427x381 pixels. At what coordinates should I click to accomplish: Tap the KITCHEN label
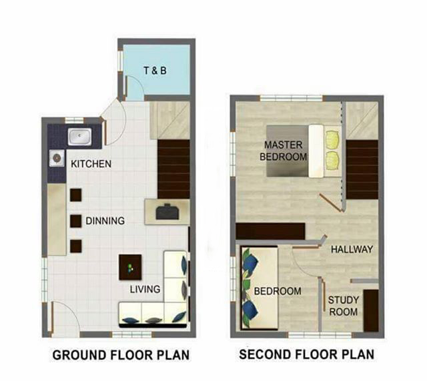(x=91, y=164)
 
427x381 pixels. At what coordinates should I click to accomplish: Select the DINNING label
(x=105, y=221)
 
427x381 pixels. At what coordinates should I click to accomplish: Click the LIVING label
(x=145, y=289)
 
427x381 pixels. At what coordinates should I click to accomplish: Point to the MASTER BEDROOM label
(x=285, y=151)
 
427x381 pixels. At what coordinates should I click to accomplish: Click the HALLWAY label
(x=352, y=249)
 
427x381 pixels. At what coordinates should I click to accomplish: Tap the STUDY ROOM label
(x=342, y=306)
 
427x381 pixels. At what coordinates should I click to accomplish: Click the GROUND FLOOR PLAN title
(x=121, y=354)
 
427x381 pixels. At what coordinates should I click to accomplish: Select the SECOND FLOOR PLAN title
(x=306, y=354)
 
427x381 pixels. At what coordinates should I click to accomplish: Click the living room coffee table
(x=129, y=268)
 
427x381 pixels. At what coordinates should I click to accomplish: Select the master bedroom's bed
(x=294, y=150)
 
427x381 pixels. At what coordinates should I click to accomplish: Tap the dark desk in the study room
(x=371, y=310)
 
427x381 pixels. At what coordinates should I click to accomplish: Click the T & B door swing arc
(x=133, y=87)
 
